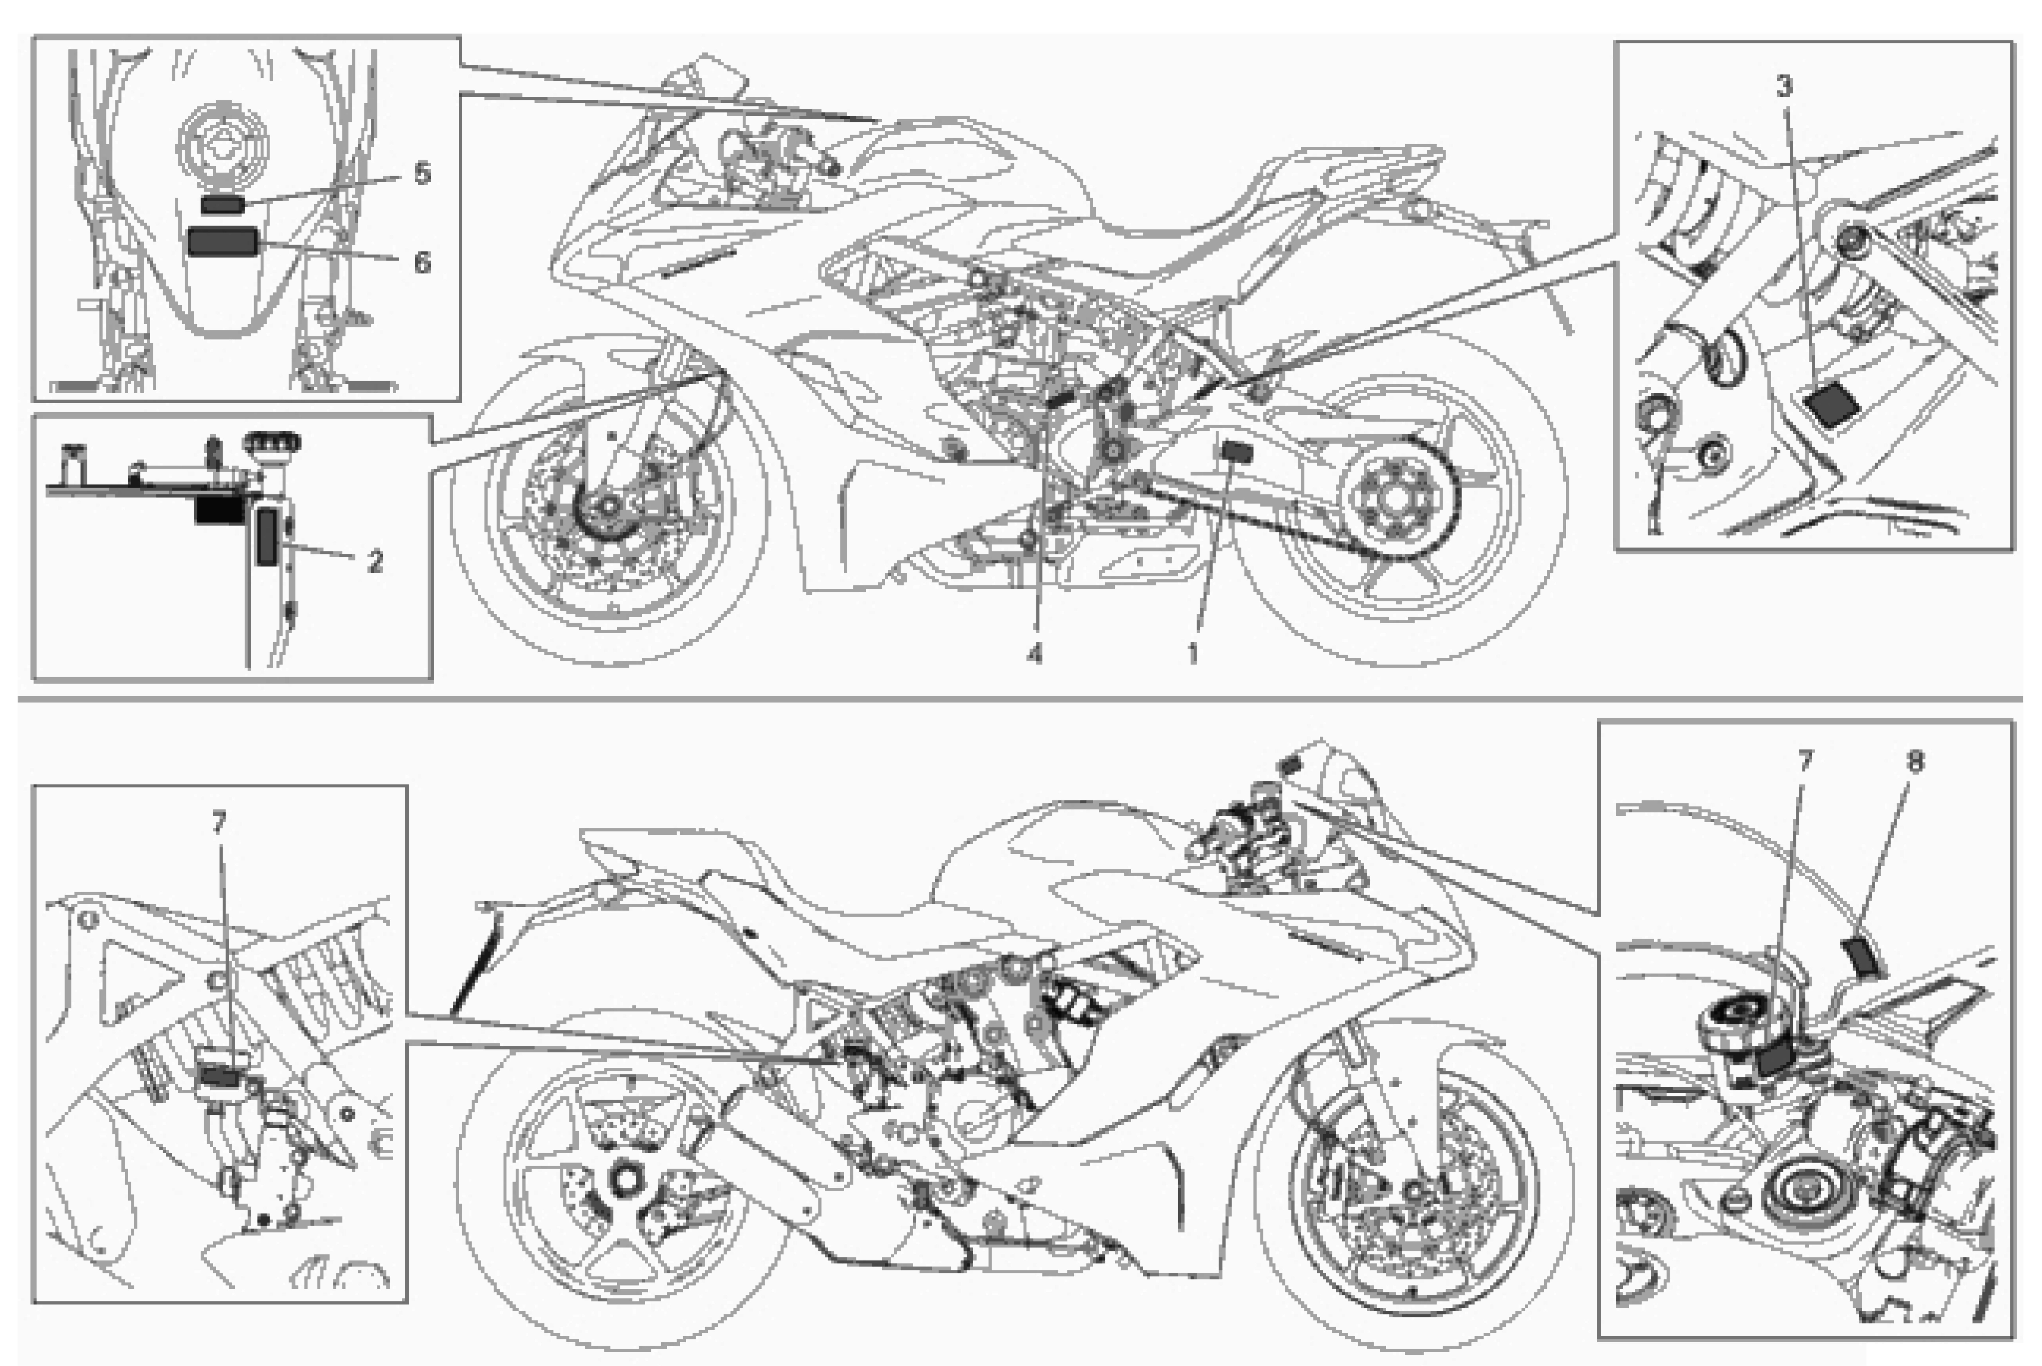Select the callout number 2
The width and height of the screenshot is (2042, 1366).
tap(376, 562)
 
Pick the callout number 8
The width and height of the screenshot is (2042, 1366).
tap(1915, 761)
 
